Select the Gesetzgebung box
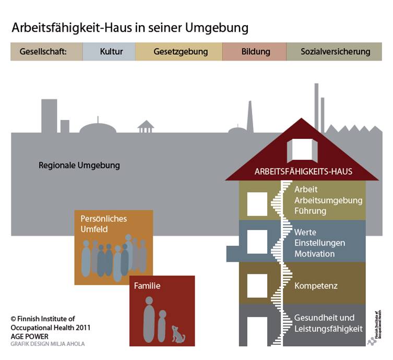181,52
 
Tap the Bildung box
256,52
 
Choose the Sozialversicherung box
335,52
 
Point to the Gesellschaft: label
46,52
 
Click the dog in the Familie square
177,334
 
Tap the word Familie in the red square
147,286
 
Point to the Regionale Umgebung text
79,165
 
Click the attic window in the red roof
302,149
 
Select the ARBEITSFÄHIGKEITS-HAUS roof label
303,171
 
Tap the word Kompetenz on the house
316,286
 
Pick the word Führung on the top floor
310,211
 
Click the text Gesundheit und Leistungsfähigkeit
328,323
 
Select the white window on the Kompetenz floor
257,285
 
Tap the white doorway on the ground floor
257,331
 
